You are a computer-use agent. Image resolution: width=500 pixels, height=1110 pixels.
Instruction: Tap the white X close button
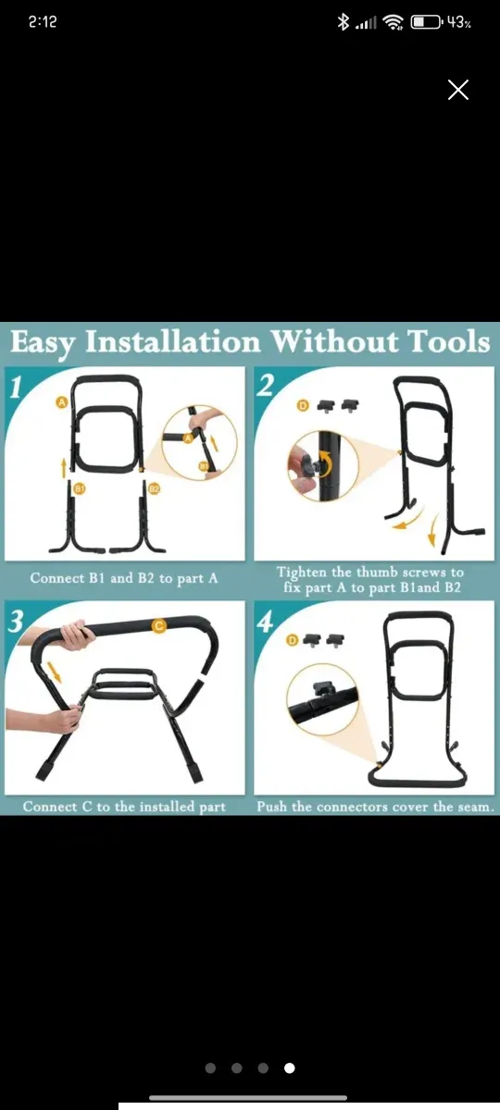coord(457,90)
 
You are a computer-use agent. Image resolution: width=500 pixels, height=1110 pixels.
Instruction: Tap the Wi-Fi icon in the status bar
coord(394,22)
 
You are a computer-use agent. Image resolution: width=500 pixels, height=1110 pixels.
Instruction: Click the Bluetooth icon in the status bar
coord(343,22)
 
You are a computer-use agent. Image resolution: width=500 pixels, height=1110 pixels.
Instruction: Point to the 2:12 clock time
coord(43,22)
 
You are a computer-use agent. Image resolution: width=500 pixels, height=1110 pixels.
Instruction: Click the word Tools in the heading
coord(448,342)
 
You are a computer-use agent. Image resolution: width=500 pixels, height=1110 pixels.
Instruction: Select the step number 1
coord(16,388)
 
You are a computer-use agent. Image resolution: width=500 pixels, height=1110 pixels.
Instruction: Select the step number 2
coord(267,386)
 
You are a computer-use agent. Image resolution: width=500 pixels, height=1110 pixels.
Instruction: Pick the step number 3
coord(16,622)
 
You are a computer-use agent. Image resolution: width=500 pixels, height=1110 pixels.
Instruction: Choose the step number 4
coord(266,622)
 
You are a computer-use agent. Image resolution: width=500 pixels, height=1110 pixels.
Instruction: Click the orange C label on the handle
coord(158,626)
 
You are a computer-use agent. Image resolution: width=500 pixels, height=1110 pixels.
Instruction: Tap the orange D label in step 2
coord(302,406)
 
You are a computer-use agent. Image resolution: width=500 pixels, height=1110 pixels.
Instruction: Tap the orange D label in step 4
coord(293,641)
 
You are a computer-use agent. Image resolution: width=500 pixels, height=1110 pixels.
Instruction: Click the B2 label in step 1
coord(155,489)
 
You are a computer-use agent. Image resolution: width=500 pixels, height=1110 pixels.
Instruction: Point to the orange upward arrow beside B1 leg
coord(64,468)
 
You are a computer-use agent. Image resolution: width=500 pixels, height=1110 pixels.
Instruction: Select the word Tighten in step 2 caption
coord(302,572)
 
